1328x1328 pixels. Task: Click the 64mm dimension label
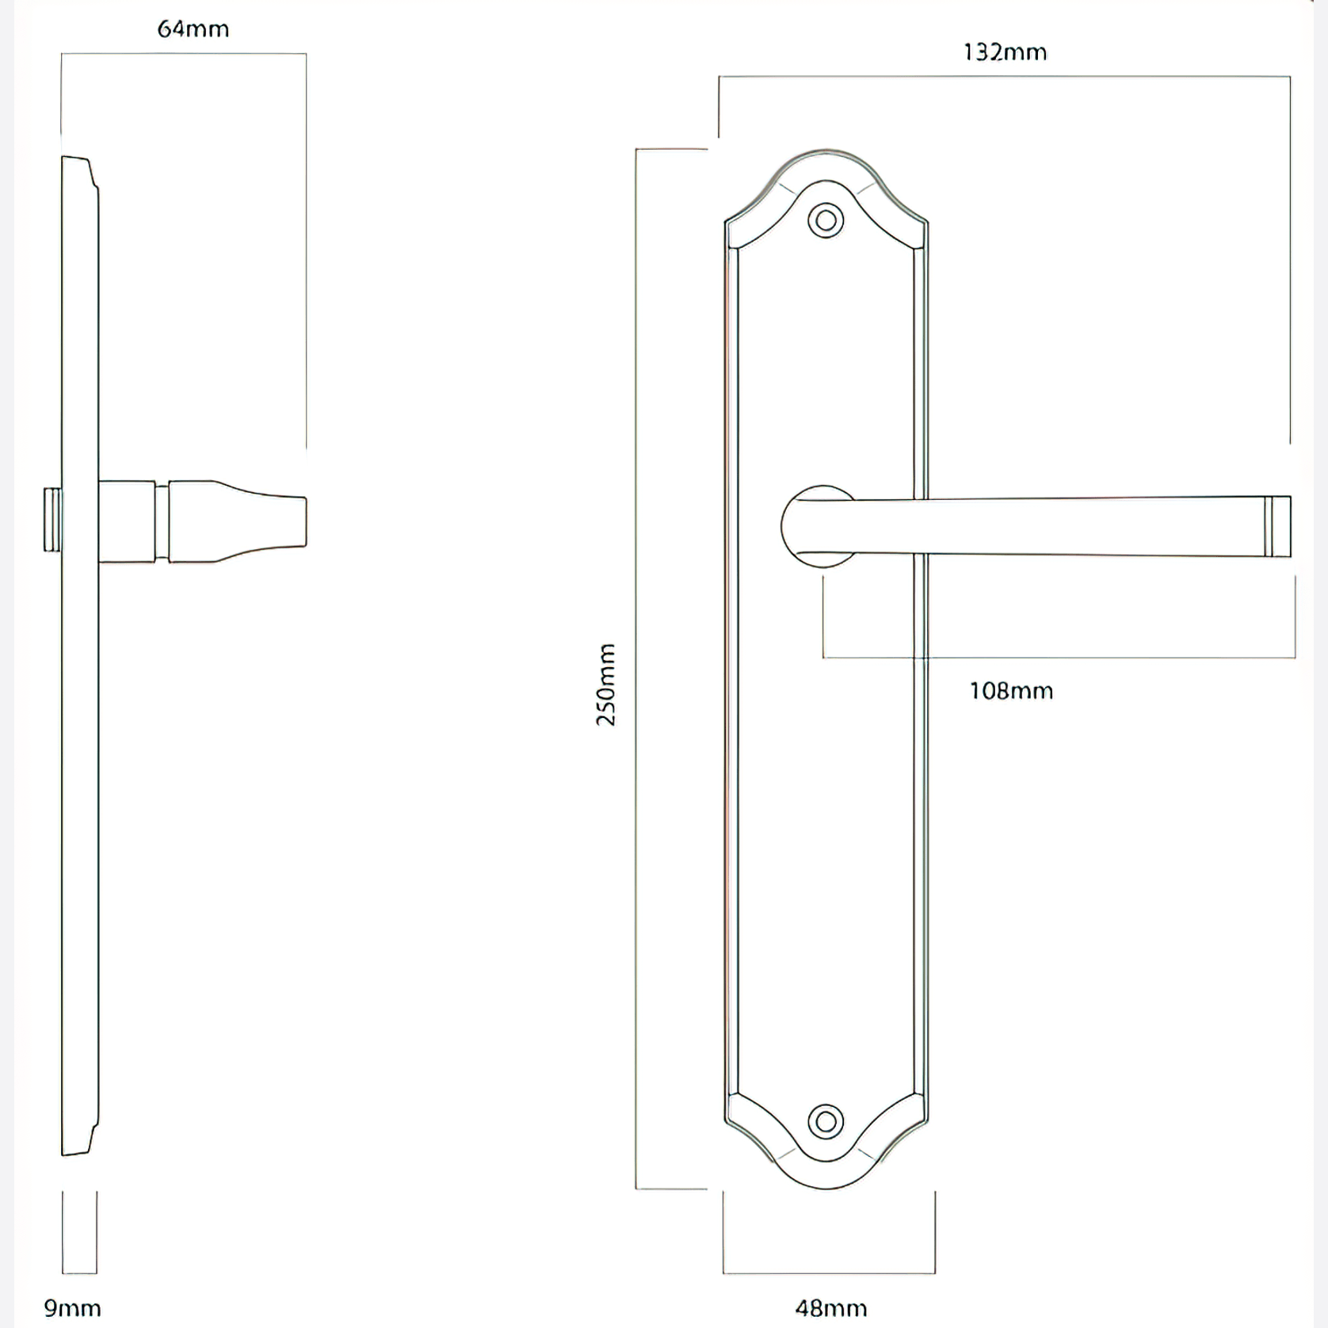click(193, 29)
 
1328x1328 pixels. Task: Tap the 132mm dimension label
click(1005, 52)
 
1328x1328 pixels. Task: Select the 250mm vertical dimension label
click(605, 685)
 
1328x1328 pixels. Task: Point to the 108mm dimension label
click(1011, 691)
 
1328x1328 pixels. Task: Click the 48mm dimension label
click(830, 1307)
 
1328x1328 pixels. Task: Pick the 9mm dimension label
click(72, 1307)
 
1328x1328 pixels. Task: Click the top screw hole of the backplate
click(826, 220)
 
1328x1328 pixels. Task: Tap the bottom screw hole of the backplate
click(826, 1122)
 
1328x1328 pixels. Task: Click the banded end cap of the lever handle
click(1277, 526)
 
